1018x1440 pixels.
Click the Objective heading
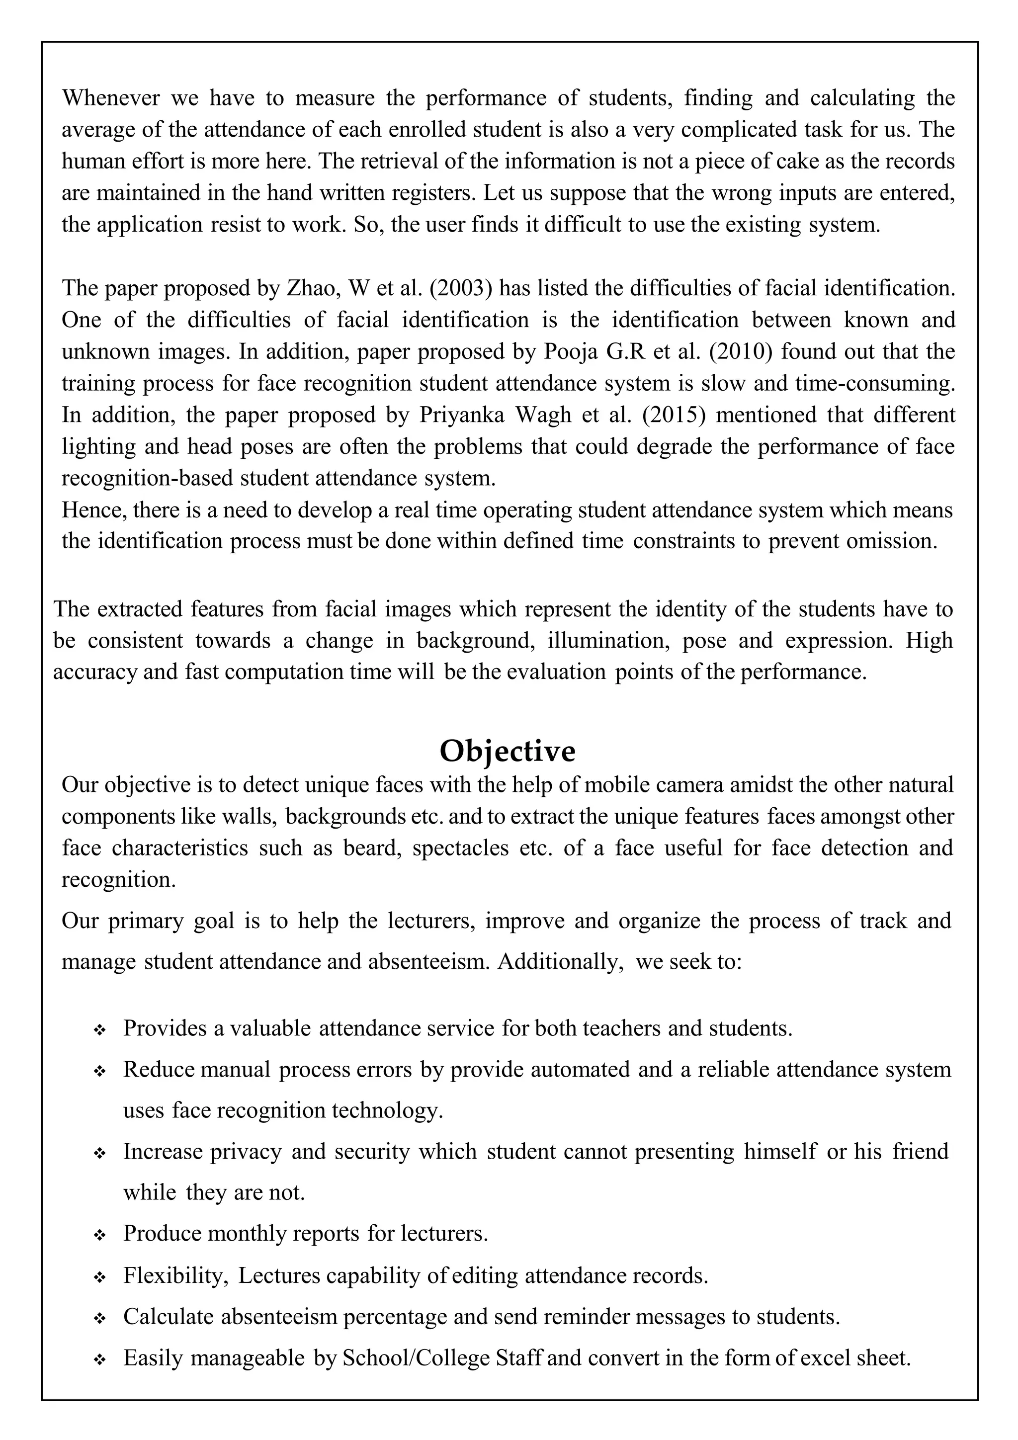pyautogui.click(x=507, y=751)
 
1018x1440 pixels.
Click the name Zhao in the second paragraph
pyautogui.click(x=307, y=288)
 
